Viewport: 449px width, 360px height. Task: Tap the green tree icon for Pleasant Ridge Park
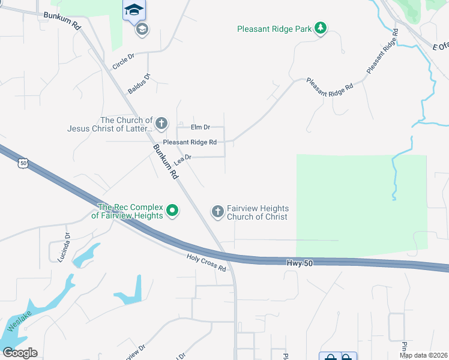coord(321,28)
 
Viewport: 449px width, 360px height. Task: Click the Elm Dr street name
coord(200,127)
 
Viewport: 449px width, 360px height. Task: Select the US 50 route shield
coord(23,163)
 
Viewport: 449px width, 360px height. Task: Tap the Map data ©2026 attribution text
coord(423,355)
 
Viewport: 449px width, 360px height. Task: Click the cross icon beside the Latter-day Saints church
coord(161,124)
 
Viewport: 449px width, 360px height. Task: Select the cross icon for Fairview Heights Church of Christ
coord(217,212)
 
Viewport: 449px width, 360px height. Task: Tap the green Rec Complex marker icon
coord(172,211)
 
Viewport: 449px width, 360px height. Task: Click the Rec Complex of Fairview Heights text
coord(127,212)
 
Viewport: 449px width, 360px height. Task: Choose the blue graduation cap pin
coord(134,10)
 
